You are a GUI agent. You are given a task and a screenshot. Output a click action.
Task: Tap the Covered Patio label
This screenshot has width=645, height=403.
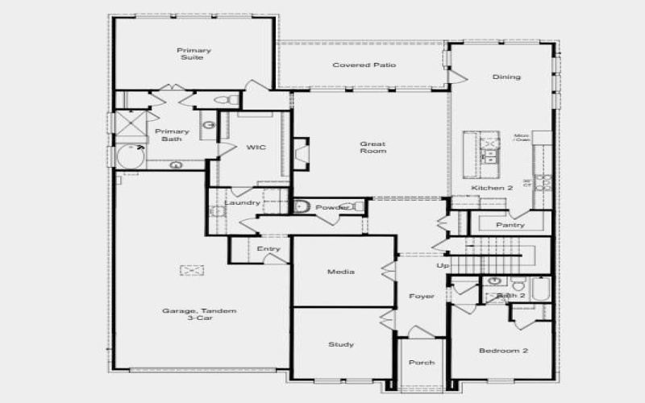coord(364,64)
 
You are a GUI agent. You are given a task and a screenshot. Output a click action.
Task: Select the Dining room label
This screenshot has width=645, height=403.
coord(506,77)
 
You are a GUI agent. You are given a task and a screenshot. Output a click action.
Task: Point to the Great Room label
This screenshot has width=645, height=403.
coord(372,147)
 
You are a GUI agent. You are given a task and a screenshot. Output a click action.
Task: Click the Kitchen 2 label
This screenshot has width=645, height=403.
coord(492,188)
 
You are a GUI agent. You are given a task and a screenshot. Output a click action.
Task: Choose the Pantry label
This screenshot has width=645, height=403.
coord(510,225)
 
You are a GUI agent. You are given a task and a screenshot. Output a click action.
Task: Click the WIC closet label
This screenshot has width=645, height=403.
coord(256,147)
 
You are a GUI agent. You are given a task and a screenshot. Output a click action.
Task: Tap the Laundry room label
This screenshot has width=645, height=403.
coord(242,202)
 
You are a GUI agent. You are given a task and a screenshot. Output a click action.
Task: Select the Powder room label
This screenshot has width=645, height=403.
coord(332,207)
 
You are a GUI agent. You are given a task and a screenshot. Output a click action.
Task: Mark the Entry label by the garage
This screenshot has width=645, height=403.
coord(268,249)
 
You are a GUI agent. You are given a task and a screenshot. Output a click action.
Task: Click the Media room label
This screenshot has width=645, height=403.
coord(340,272)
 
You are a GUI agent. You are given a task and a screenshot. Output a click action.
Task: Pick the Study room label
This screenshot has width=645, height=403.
coord(340,345)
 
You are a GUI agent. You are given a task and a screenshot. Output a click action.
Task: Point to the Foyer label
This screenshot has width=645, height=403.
coord(421,297)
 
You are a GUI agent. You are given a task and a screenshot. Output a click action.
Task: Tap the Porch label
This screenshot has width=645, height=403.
coord(420,363)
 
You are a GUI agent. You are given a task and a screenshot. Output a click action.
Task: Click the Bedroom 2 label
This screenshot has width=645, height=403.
coord(503,351)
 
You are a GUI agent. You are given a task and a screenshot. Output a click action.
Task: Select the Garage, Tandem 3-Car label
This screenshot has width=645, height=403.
coord(188,315)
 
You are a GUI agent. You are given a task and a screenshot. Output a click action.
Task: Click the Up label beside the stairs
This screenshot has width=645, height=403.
coord(443,265)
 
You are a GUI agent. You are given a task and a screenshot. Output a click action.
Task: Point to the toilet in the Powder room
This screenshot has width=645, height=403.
coord(303,206)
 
